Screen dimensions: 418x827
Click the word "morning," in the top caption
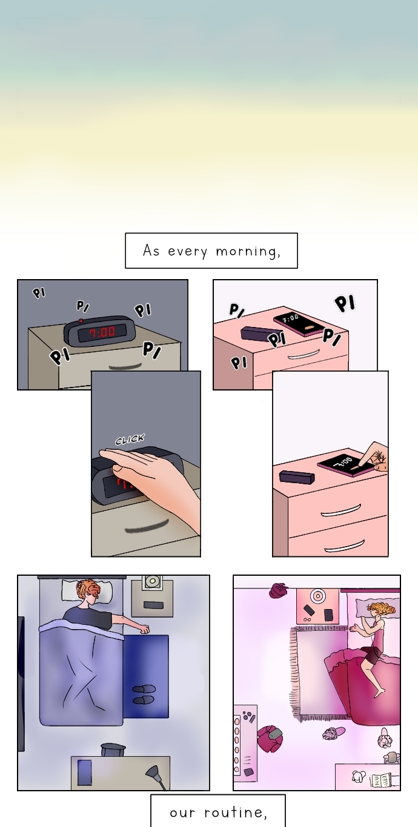[x=248, y=251]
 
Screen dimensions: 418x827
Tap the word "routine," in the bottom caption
[x=236, y=812]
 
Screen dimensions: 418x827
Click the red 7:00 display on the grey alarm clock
[x=102, y=332]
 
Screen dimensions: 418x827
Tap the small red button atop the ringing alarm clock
[x=81, y=321]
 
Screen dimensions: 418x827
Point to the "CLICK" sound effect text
[x=130, y=440]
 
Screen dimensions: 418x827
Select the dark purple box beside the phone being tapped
[x=297, y=476]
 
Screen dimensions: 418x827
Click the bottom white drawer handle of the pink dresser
[x=345, y=545]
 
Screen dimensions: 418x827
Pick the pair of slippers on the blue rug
[x=144, y=694]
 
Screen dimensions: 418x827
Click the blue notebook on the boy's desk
[x=85, y=773]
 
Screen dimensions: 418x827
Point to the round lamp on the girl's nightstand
[x=317, y=595]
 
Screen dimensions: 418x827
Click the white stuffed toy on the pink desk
[x=358, y=776]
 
